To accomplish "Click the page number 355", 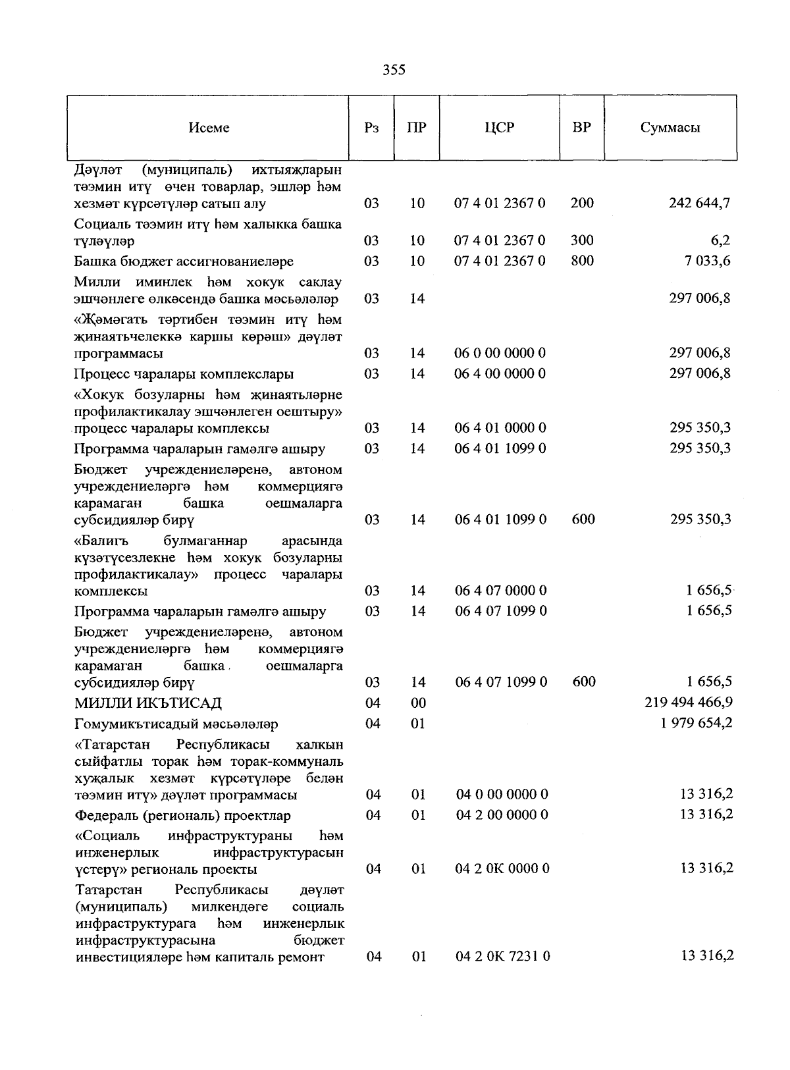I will tap(394, 70).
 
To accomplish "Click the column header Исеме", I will tap(209, 128).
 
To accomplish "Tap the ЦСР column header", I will tap(499, 128).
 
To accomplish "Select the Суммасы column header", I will tap(670, 128).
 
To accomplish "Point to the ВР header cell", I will tap(581, 128).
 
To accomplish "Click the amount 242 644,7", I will tap(699, 203).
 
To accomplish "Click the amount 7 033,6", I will tap(707, 261).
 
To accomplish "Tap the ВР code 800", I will tap(582, 261).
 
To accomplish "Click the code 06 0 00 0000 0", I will tap(500, 354).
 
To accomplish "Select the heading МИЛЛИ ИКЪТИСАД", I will tap(147, 703).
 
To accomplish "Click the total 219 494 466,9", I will tap(689, 703).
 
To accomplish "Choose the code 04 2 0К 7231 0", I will tap(502, 957).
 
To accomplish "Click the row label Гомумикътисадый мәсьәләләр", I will tap(176, 724).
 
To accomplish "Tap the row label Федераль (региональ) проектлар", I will tap(182, 816).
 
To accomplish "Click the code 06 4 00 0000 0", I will tap(500, 374).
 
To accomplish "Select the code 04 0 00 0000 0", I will tap(502, 795).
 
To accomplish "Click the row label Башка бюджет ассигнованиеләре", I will tap(184, 262).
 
